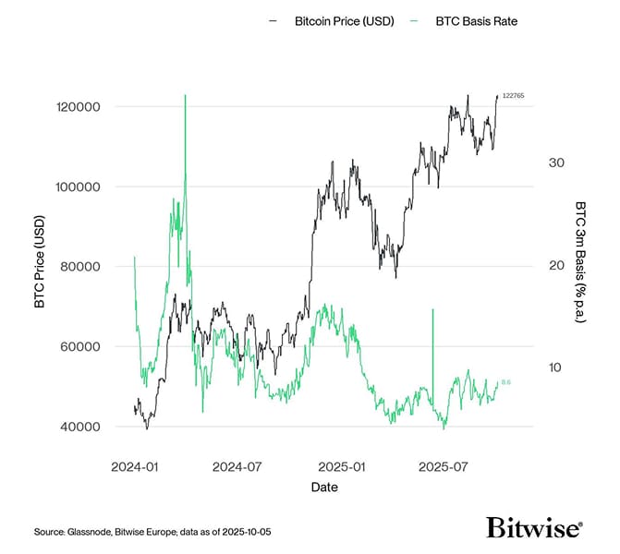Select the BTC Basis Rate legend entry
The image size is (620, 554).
click(476, 20)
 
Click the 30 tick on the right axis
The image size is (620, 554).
click(555, 163)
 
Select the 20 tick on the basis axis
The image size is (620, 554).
click(555, 265)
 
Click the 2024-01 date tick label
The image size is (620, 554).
click(137, 467)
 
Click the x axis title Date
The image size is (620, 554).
click(323, 487)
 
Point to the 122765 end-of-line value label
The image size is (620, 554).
click(513, 96)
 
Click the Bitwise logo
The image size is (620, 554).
click(534, 527)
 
